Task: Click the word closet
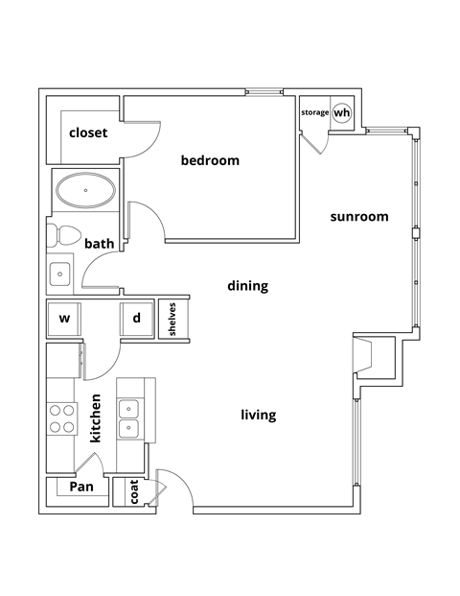(87, 132)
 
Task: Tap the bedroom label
(210, 160)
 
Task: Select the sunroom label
(359, 216)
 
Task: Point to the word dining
(247, 286)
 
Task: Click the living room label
(258, 415)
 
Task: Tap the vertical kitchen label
(96, 417)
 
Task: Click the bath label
(100, 244)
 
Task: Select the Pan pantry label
(82, 487)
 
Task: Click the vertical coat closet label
(134, 492)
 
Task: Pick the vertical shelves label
(172, 320)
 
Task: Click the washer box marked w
(65, 318)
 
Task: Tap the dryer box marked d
(136, 318)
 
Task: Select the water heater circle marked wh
(342, 112)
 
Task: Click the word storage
(315, 113)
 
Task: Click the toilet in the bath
(65, 233)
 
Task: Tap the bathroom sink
(60, 274)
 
